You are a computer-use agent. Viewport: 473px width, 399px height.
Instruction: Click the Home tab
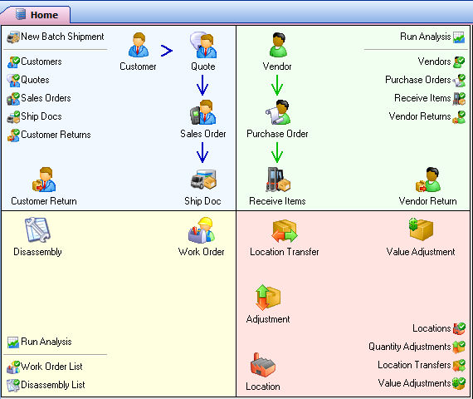36,14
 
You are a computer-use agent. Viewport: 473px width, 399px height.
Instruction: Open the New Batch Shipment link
56,37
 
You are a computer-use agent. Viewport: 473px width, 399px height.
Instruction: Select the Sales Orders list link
39,98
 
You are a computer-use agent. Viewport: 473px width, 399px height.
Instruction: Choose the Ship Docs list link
34,116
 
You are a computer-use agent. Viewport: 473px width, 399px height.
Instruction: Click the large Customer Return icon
44,180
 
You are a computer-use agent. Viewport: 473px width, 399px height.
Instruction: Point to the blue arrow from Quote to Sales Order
202,85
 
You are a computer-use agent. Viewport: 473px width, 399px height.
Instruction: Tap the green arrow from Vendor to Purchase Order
277,85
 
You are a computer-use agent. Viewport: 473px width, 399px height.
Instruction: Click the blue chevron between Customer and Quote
167,51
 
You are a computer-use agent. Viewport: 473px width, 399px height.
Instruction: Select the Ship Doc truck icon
203,180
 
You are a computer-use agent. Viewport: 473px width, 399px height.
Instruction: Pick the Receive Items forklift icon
278,180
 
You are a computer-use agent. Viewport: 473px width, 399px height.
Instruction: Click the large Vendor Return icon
428,180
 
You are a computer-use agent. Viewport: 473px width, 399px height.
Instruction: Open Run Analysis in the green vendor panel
432,37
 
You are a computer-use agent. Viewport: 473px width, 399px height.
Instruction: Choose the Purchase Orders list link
426,80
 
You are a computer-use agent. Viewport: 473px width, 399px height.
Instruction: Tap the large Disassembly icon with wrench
37,229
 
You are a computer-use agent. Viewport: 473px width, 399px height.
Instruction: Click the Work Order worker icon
201,230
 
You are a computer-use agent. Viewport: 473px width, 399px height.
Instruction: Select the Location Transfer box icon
285,231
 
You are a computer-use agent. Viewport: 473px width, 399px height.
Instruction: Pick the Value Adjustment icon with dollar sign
421,229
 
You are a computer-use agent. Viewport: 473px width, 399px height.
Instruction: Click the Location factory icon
263,365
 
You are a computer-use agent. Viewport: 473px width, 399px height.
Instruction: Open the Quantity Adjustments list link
417,347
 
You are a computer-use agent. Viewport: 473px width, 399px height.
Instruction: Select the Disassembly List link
46,385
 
